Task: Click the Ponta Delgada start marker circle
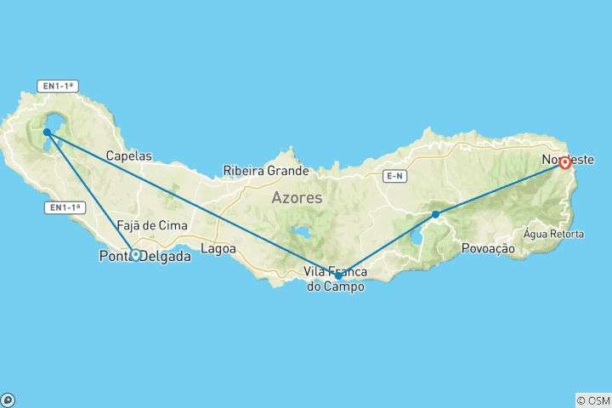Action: [x=135, y=254]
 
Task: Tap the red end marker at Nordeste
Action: [x=564, y=162]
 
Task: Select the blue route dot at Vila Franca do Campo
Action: [x=339, y=275]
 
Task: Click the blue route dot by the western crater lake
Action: [x=47, y=132]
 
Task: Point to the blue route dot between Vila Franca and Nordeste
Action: [x=435, y=214]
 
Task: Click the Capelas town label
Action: [x=128, y=156]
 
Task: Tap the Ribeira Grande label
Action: [x=266, y=170]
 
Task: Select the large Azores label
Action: [x=297, y=198]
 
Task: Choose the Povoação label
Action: [x=488, y=248]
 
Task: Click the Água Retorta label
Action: [x=554, y=234]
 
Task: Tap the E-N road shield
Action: [x=394, y=176]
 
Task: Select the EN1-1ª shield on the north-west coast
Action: [x=58, y=85]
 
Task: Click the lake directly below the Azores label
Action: [x=299, y=232]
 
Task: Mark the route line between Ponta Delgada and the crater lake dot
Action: [x=91, y=193]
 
